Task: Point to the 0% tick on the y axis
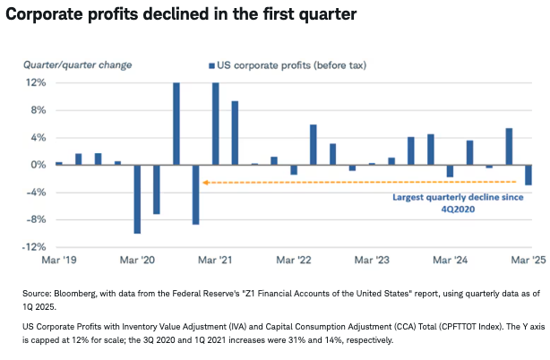[x=37, y=165]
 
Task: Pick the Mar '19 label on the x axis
[x=58, y=260]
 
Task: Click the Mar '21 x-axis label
[x=215, y=260]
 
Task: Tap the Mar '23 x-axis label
[x=372, y=260]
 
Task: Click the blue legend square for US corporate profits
[x=212, y=65]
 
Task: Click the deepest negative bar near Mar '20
[x=137, y=199]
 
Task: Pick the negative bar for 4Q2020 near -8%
[x=196, y=194]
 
